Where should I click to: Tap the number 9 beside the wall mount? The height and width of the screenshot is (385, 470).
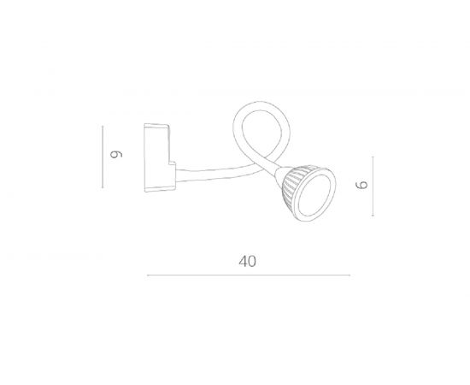pos(116,155)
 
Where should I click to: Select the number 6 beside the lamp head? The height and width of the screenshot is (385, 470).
pos(361,184)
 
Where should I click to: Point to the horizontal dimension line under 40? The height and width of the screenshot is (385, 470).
pos(248,275)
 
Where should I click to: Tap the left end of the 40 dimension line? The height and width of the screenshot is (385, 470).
pos(148,275)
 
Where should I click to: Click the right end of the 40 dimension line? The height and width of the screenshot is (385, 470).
pos(350,275)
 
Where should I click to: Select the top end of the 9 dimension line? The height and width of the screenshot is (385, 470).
pos(103,127)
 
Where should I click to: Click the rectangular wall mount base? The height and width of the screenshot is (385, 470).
pos(157,157)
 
